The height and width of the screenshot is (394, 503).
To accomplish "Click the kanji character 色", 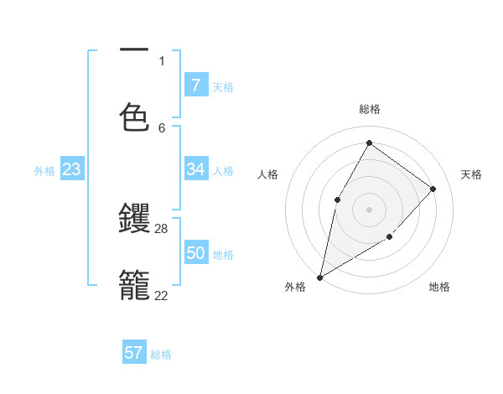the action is pyautogui.click(x=134, y=117).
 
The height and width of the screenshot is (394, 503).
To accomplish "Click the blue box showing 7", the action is pyautogui.click(x=195, y=85).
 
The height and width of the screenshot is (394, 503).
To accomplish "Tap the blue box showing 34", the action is pyautogui.click(x=195, y=169).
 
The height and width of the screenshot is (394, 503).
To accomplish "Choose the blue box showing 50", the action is pyautogui.click(x=195, y=253).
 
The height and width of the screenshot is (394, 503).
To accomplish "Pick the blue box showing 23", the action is pyautogui.click(x=71, y=169).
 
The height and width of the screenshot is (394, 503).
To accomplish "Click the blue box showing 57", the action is pyautogui.click(x=133, y=353).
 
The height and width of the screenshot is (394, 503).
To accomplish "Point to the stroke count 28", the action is pyautogui.click(x=162, y=228).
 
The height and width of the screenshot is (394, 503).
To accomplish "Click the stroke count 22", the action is pyautogui.click(x=162, y=295).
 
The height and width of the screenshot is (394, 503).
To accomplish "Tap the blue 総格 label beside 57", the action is pyautogui.click(x=161, y=355).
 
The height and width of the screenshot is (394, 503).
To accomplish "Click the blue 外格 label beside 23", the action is pyautogui.click(x=44, y=171).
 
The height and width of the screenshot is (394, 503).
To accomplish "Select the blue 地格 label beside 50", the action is pyautogui.click(x=223, y=255).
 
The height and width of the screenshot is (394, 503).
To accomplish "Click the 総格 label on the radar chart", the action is pyautogui.click(x=369, y=109).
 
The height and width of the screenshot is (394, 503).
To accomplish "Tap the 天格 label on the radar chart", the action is pyautogui.click(x=471, y=174).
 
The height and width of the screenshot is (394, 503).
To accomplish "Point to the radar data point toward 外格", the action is pyautogui.click(x=319, y=277).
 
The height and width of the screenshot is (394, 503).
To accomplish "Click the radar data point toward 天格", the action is pyautogui.click(x=433, y=189).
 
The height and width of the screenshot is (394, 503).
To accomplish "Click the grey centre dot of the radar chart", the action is pyautogui.click(x=369, y=209).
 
